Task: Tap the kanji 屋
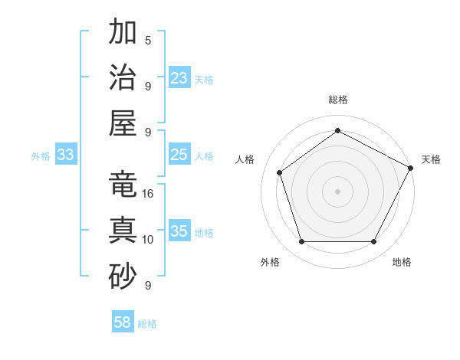point(123,123)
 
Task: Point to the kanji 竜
point(123,185)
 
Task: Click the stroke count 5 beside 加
point(148,40)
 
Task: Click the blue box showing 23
point(179,78)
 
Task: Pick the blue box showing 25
point(179,155)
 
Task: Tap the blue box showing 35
point(179,231)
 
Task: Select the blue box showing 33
point(66,155)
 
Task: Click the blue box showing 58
point(123,322)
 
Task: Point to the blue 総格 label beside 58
point(147,324)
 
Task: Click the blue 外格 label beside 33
point(41,156)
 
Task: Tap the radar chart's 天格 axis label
point(431,159)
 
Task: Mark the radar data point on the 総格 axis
point(337,130)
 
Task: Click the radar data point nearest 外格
point(301,242)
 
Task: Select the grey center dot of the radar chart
point(337,191)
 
